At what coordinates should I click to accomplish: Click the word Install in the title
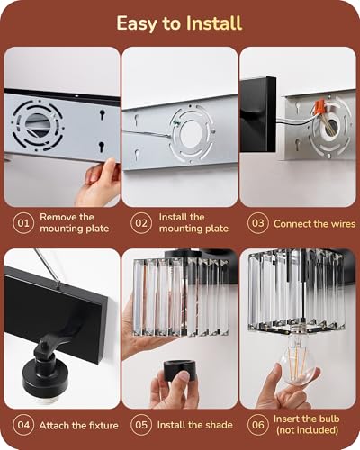(214, 23)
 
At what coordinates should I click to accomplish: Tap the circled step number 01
(23, 223)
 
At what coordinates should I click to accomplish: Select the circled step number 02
(141, 223)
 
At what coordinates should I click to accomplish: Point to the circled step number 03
(258, 223)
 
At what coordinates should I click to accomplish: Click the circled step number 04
(23, 425)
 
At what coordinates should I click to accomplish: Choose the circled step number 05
(141, 425)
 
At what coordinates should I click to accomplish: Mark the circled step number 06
(258, 425)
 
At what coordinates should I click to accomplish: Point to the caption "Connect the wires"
(314, 224)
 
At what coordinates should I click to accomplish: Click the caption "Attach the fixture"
(79, 426)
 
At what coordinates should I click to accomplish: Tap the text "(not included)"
(307, 430)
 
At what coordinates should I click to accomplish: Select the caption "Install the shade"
(195, 425)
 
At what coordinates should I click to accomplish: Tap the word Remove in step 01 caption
(56, 217)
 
